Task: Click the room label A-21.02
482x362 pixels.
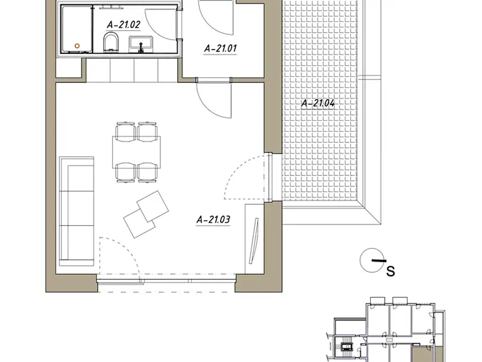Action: coord(123,25)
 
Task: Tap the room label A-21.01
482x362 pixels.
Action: coord(220,48)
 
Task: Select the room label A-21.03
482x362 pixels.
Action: coord(213,220)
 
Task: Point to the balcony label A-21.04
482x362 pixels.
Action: coord(318,103)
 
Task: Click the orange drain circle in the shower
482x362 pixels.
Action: coord(77,46)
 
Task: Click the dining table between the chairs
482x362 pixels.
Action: coord(136,152)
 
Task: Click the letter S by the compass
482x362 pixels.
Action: coord(391,271)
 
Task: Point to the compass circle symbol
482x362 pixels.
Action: coord(372,261)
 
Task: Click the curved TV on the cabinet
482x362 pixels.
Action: coord(254,241)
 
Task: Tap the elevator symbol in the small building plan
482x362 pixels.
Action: coord(347,347)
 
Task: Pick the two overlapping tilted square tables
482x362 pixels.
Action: coord(146,214)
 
